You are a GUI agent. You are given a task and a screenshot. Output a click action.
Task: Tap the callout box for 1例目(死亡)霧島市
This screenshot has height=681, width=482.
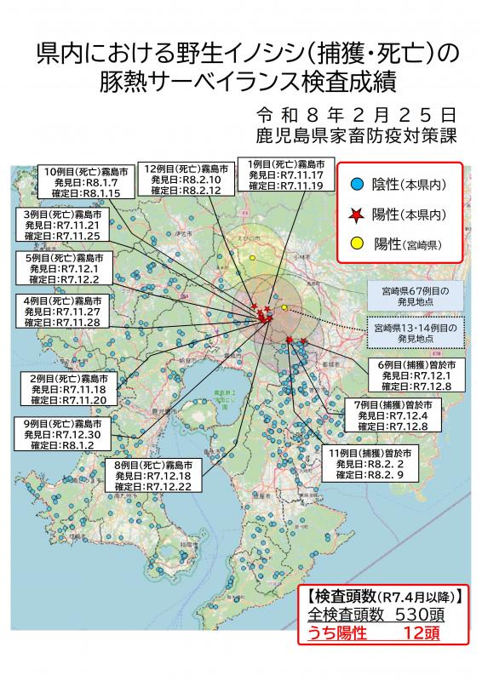point(285,175)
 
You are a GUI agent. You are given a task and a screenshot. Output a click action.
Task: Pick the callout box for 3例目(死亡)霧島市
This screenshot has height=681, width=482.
point(63,224)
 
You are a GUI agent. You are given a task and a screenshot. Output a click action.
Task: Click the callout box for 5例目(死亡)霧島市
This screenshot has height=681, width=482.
point(63,267)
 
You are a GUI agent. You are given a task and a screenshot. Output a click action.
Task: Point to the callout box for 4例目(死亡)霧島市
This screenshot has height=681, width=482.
point(63,312)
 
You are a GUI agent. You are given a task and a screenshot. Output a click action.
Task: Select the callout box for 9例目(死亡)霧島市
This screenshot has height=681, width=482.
point(63,433)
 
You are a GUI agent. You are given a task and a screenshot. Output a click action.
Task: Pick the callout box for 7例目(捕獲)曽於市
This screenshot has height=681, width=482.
point(398,414)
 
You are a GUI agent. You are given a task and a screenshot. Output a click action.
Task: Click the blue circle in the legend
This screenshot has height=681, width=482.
point(358,184)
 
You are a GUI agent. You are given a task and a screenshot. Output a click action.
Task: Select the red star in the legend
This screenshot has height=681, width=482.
point(358,213)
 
